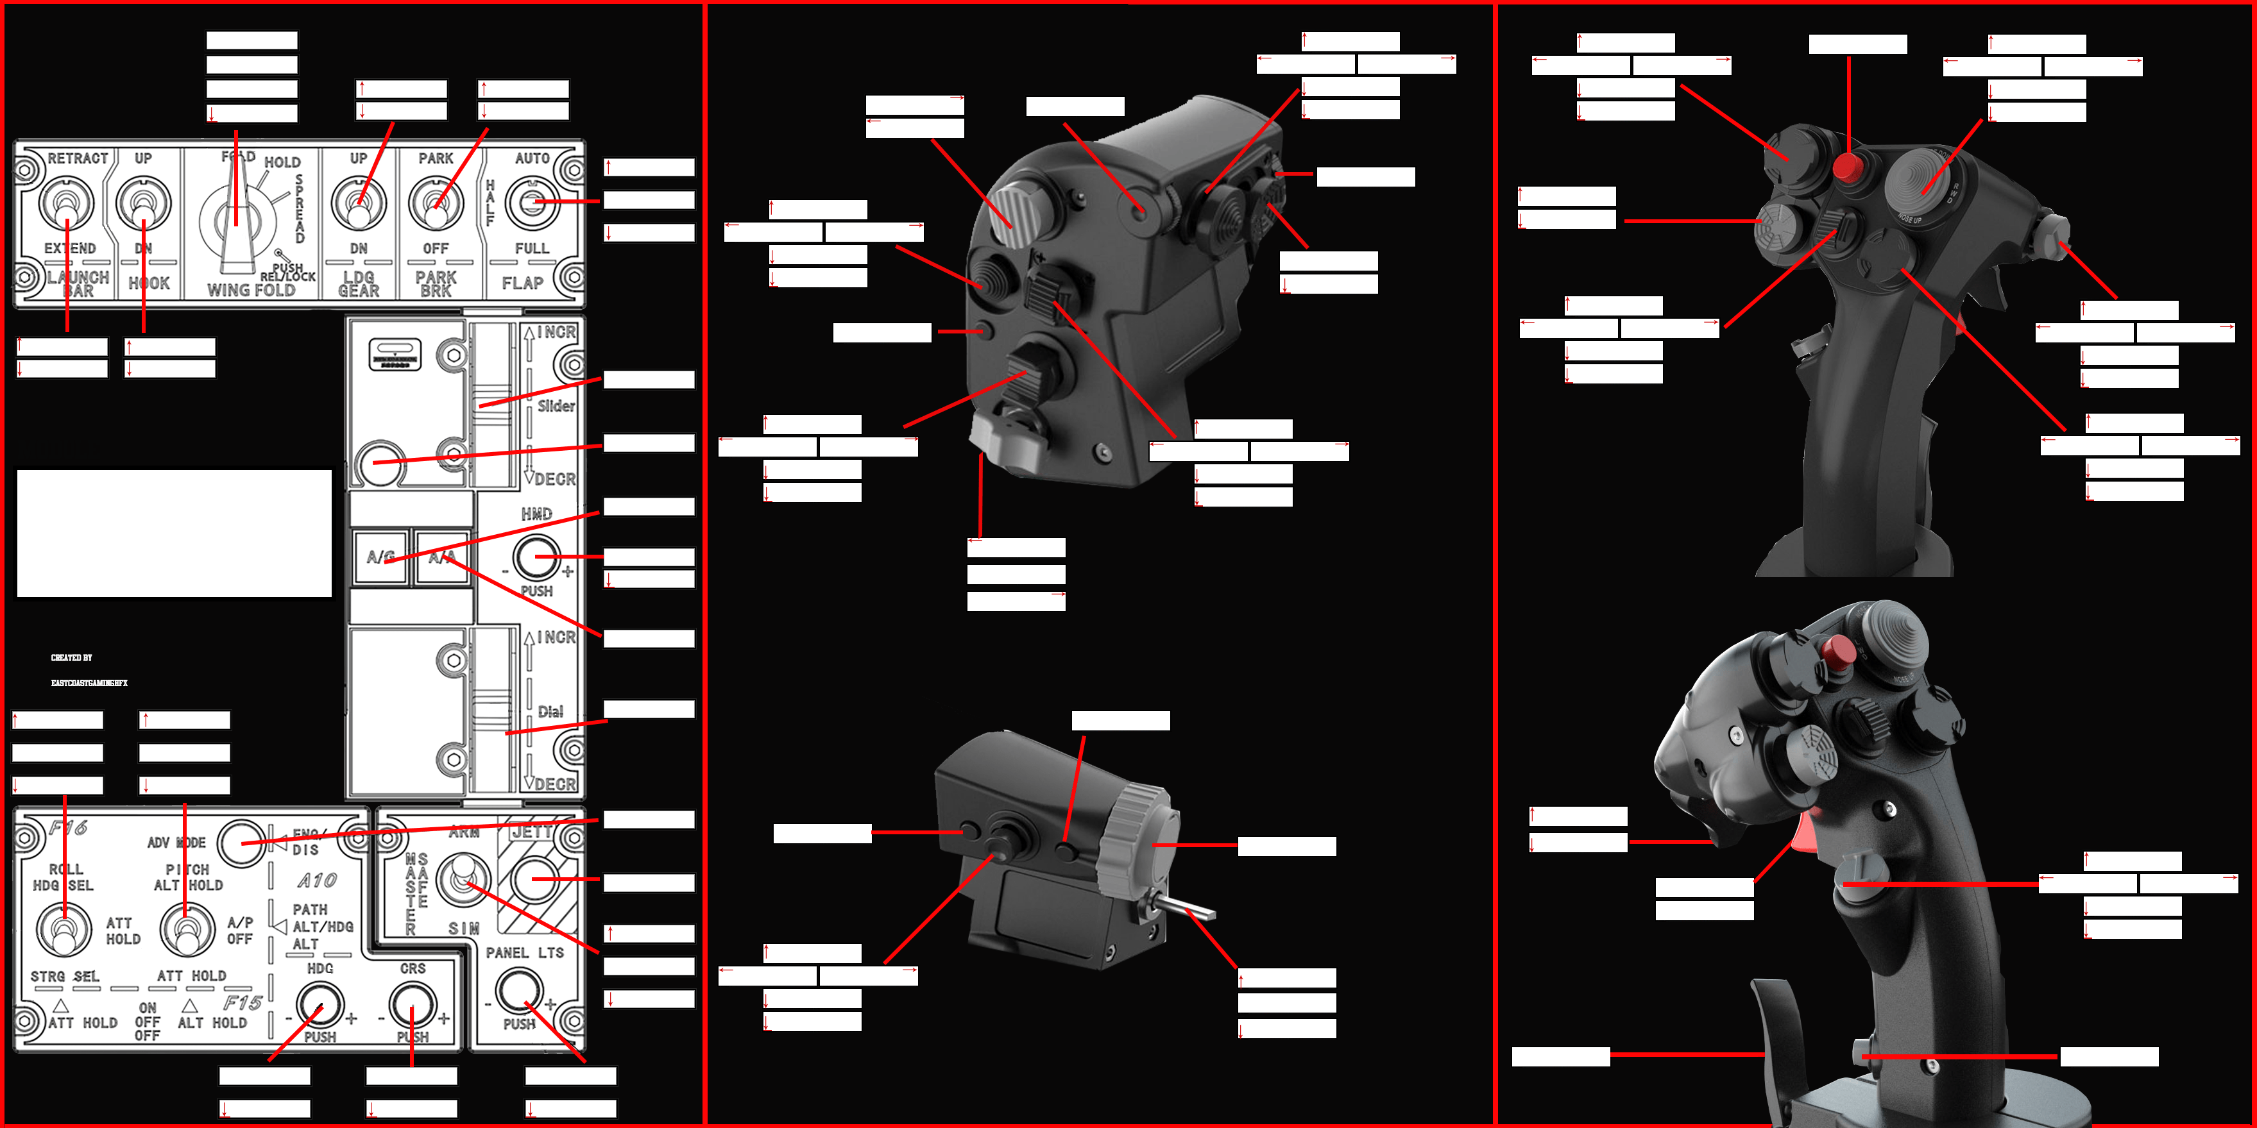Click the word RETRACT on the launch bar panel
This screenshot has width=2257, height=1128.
pos(77,158)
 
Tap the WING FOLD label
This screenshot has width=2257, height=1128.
pos(251,290)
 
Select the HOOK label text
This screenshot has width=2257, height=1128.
pos(149,283)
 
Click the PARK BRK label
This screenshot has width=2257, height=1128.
pos(436,283)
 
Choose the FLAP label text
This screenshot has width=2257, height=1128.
pos(522,283)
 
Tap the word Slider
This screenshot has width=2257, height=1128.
pos(556,405)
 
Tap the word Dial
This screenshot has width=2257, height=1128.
pos(550,711)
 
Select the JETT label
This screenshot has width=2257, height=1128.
pos(532,831)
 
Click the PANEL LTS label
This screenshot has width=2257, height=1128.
pos(525,953)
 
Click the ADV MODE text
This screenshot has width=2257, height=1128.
pos(176,843)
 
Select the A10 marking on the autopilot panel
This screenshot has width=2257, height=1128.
pos(317,880)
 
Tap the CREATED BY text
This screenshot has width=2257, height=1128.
pos(71,658)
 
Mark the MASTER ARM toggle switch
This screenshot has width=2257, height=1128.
pos(463,879)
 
